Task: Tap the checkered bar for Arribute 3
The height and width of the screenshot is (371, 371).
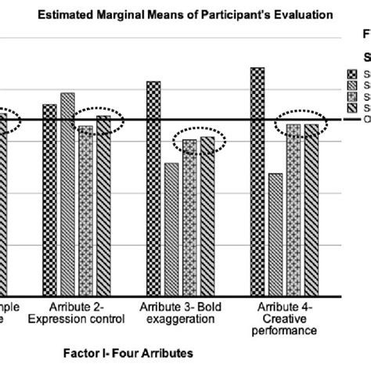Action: [153, 189]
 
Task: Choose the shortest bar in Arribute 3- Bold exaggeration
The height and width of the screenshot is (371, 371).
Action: [171, 229]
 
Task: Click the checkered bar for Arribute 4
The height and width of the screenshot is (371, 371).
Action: [257, 182]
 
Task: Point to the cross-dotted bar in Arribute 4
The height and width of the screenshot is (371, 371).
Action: [293, 210]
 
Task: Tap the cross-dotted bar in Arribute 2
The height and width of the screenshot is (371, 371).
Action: [85, 211]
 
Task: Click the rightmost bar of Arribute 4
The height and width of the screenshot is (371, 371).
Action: [311, 210]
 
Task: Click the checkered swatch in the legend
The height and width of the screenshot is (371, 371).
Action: [351, 74]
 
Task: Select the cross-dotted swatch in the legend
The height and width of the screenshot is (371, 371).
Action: [351, 96]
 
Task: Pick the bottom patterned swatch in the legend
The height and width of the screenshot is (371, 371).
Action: [351, 107]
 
